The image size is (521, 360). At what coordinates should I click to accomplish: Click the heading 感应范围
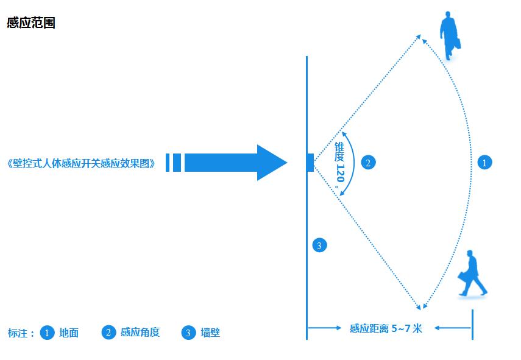31,23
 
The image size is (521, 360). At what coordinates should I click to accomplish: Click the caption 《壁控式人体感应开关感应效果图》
81,163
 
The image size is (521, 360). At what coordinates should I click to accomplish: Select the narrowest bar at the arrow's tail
168,163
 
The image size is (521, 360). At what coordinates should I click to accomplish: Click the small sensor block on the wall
310,163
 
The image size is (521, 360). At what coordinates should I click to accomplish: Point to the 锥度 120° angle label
339,165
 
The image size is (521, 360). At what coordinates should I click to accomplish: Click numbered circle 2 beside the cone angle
368,163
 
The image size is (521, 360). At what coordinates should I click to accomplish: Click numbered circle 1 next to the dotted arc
484,163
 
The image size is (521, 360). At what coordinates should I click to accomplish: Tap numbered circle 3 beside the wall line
319,245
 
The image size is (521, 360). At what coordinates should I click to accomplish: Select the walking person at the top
450,36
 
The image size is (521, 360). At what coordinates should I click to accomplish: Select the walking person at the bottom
472,274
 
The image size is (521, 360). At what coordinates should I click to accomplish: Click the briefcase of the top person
458,43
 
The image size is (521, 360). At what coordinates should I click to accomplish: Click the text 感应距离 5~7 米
386,328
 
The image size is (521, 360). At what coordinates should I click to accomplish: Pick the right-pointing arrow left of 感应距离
325,328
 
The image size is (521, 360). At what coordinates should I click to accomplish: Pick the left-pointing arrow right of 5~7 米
453,328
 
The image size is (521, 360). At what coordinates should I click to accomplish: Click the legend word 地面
69,333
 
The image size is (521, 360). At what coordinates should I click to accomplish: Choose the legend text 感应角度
140,332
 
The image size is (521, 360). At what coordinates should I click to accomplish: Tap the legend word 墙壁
210,333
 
